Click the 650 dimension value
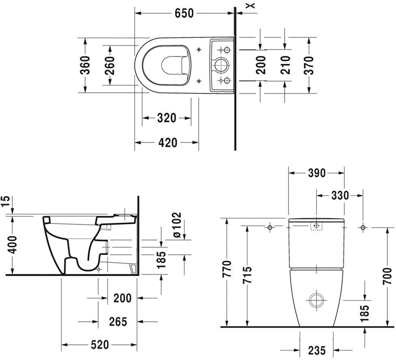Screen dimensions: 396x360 (x=184, y=13)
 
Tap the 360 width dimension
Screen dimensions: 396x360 (x=85, y=65)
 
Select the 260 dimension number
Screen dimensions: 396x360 (x=110, y=66)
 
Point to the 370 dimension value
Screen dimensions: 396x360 (x=309, y=65)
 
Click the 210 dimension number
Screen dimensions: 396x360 (x=285, y=65)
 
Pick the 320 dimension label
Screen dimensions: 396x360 (x=167, y=118)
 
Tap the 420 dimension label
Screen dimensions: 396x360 (x=168, y=143)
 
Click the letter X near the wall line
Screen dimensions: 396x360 (x=252, y=5)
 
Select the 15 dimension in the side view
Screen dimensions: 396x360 (x=6, y=201)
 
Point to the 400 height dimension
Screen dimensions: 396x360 (x=12, y=245)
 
